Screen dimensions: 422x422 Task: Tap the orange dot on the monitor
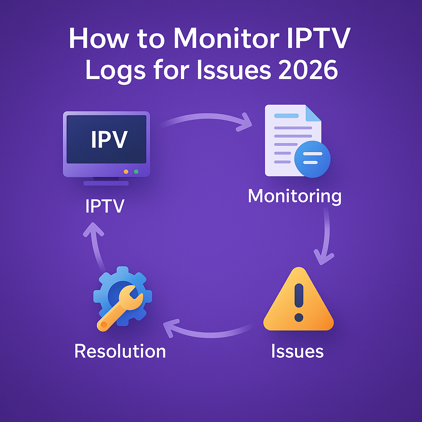(126, 171)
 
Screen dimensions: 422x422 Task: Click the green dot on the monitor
(136, 171)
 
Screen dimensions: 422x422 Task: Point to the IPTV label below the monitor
(105, 206)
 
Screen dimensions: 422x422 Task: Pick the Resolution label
(120, 351)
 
